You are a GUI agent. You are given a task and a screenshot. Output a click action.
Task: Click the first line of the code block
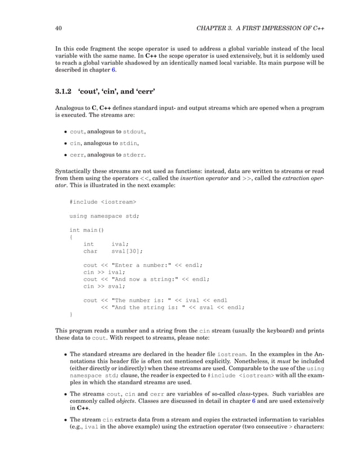103,201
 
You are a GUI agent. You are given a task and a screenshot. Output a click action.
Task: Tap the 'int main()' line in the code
87,230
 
